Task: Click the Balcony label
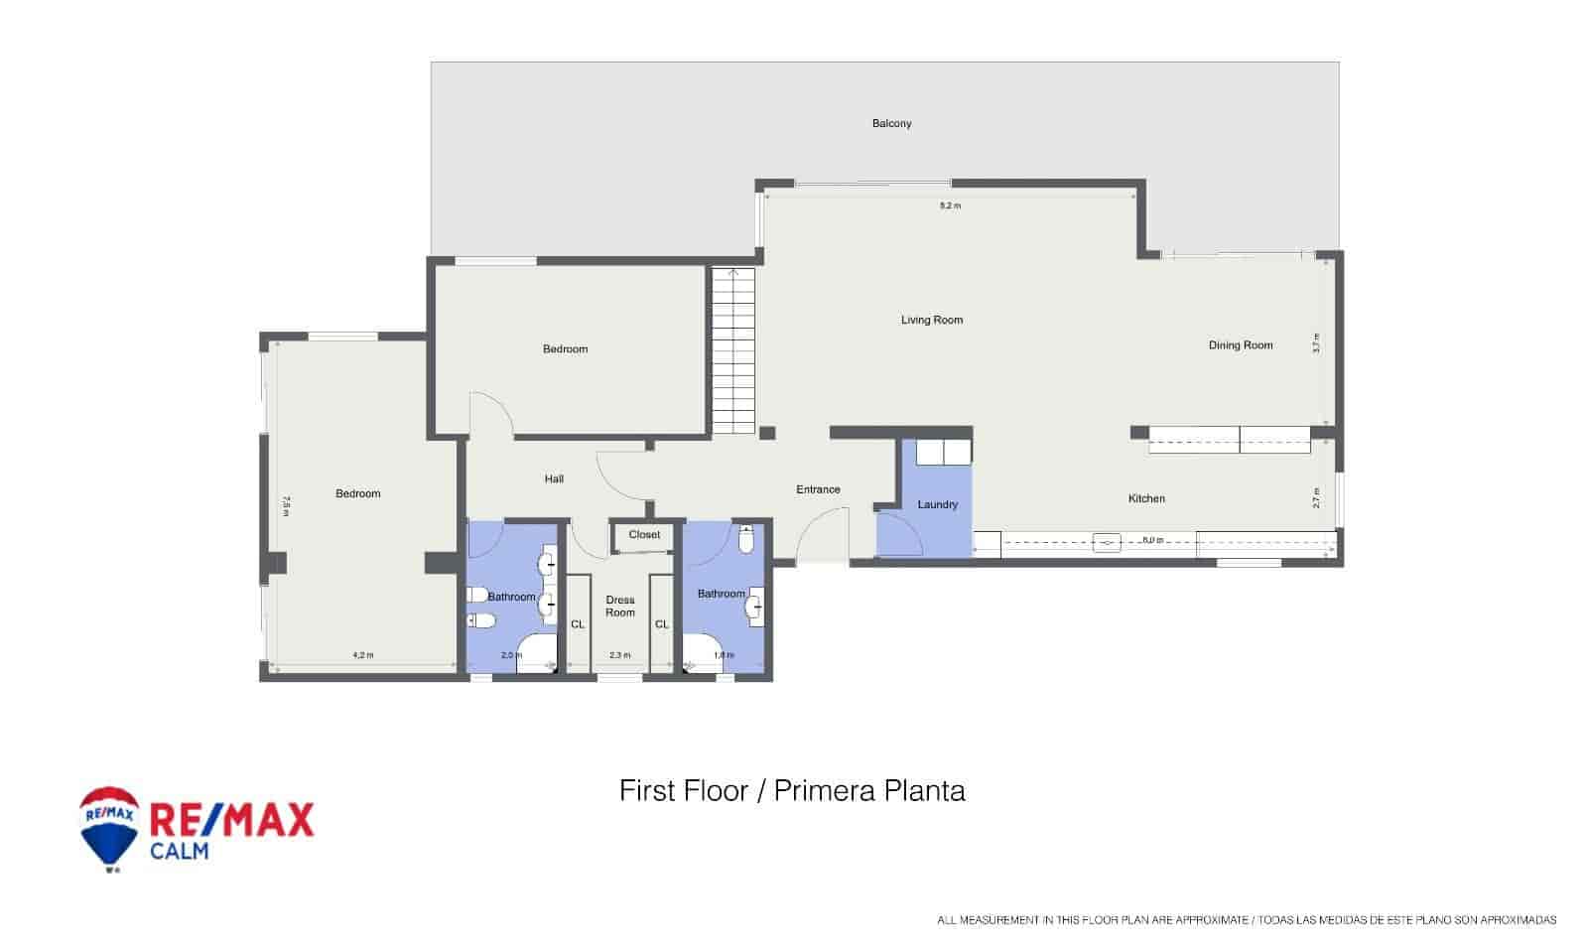(x=891, y=123)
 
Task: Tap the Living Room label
(x=932, y=320)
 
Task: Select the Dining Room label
(x=1240, y=345)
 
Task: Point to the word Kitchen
(x=1146, y=498)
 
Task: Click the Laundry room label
(x=937, y=504)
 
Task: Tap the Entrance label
(x=818, y=489)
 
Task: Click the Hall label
(x=554, y=479)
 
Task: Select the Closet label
(x=644, y=535)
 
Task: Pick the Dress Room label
(x=620, y=606)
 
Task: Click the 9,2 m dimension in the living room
(x=950, y=205)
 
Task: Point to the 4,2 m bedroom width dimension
(x=363, y=655)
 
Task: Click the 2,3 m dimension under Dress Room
(x=619, y=655)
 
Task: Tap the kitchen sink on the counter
(x=1108, y=543)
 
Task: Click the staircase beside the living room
(x=733, y=350)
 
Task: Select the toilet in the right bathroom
(x=747, y=539)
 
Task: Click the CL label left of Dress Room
(x=578, y=624)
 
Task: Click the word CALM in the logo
(x=179, y=851)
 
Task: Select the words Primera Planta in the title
(x=869, y=791)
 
